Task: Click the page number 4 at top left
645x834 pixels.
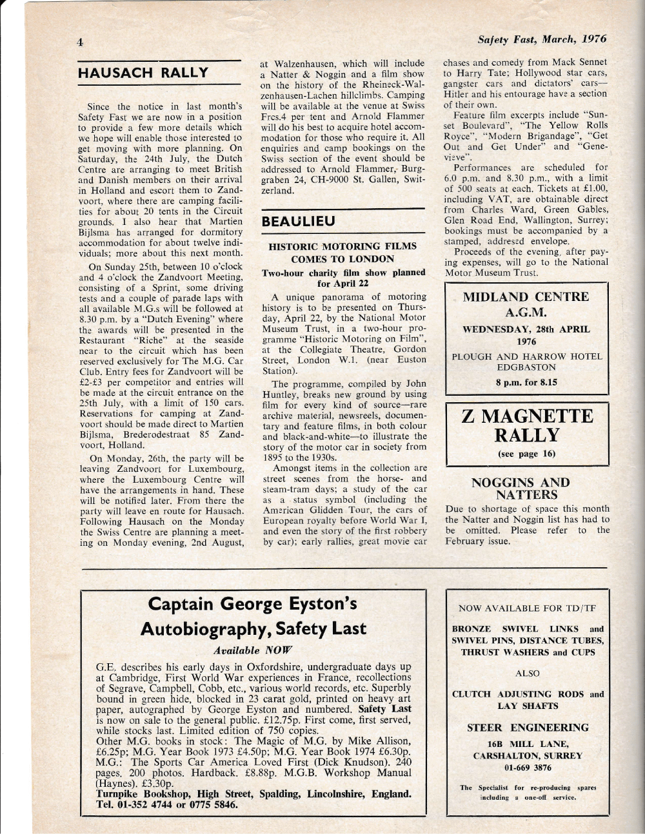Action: (79, 44)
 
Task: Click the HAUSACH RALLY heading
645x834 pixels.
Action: (143, 72)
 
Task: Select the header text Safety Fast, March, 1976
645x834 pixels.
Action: (542, 39)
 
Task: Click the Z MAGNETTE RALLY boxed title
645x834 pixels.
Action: (526, 425)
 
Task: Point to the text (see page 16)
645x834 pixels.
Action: (526, 454)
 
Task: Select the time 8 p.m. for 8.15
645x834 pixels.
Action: (526, 382)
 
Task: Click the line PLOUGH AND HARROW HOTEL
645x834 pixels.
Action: (526, 356)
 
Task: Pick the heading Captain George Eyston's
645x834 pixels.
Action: (253, 605)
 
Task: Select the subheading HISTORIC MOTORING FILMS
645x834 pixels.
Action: (342, 246)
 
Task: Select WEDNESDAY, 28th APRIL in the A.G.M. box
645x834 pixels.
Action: (526, 329)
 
